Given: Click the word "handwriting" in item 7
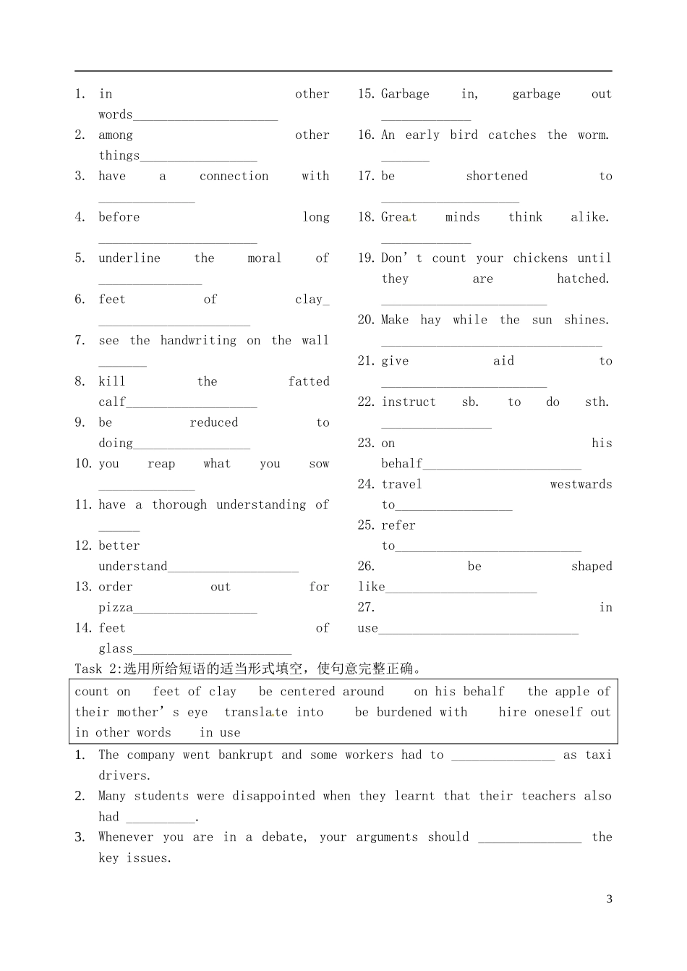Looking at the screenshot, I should (x=198, y=341).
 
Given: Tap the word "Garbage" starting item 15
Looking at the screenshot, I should (x=405, y=94).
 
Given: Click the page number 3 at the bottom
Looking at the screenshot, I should (x=609, y=899).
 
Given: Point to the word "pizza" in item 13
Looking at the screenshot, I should (x=116, y=608).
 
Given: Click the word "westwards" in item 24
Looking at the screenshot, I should (x=581, y=485).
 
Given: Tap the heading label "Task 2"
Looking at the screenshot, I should (x=96, y=669).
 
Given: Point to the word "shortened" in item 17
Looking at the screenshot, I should (x=497, y=177).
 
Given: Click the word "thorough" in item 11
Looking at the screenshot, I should (x=179, y=505).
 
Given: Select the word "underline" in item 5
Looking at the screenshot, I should (x=129, y=258).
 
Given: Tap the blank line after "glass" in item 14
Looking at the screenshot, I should (x=213, y=653).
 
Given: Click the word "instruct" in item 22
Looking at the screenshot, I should (x=409, y=402).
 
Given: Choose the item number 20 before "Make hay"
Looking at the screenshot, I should (x=366, y=320).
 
